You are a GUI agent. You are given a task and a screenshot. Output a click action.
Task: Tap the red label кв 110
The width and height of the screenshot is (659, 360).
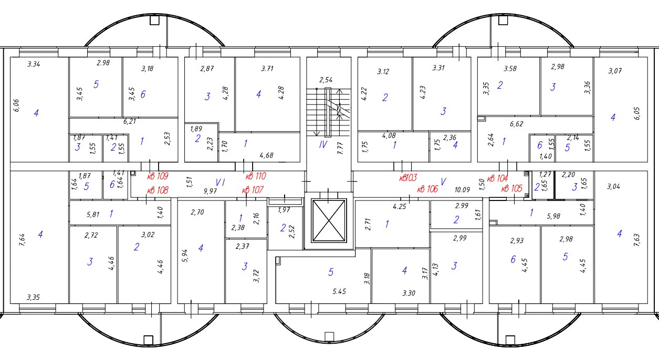coord(256,177)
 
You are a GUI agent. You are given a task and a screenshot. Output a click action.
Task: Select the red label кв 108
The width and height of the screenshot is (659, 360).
coord(158,190)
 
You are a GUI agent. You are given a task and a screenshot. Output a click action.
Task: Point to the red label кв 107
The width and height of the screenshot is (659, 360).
coord(253,190)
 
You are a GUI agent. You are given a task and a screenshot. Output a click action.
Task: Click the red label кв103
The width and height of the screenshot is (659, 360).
coord(409,178)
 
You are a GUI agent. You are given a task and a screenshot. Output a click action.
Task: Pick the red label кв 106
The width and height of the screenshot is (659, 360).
coord(427,189)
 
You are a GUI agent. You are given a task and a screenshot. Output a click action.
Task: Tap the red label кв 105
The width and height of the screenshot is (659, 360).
coord(511,189)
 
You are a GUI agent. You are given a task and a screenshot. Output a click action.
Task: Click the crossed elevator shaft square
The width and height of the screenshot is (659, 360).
coord(328,220)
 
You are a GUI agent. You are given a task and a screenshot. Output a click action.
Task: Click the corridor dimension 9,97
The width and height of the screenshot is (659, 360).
coord(211,191)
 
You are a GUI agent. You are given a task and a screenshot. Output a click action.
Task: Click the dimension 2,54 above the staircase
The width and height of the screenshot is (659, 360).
coord(327,80)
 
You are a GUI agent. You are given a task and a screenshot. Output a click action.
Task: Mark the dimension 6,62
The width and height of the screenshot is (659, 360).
coord(518,125)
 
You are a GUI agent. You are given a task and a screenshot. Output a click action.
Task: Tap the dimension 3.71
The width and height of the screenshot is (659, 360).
coord(268,69)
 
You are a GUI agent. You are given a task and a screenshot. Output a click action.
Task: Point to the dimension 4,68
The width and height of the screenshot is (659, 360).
coord(267,155)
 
